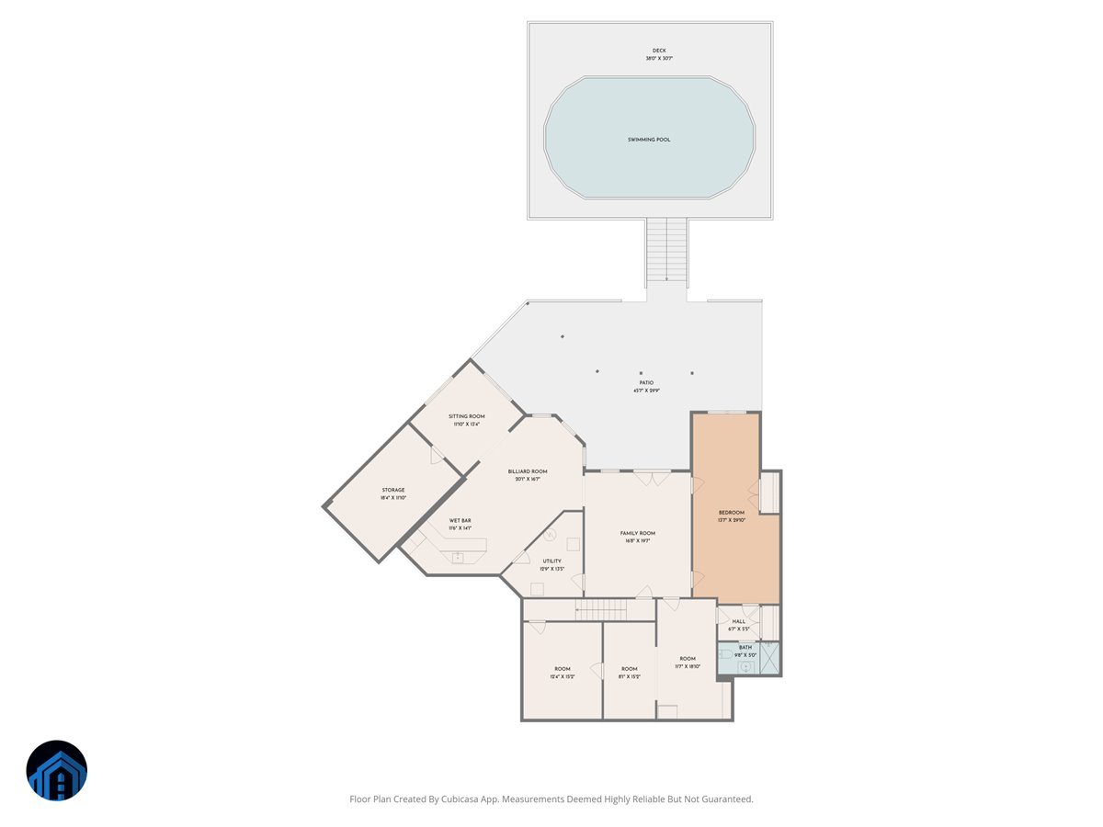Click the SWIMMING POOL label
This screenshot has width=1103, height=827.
[x=649, y=140]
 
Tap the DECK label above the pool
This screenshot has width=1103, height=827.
[x=658, y=51]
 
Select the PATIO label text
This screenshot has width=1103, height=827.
[x=647, y=382]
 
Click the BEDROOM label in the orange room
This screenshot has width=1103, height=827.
[x=732, y=512]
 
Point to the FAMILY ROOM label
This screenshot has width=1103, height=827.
[x=637, y=533]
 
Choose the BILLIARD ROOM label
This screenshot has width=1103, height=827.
[x=528, y=471]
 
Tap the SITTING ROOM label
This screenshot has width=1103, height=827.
[x=466, y=416]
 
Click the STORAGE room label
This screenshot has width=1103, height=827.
[x=393, y=490]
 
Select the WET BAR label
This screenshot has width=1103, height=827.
[x=460, y=520]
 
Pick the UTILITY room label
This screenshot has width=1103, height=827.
[x=551, y=561]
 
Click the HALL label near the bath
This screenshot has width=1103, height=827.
[x=739, y=621]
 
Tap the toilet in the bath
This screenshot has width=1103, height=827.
[x=725, y=654]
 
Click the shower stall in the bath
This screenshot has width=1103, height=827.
[x=770, y=658]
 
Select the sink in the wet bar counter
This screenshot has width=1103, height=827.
[x=457, y=556]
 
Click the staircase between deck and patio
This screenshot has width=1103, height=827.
[x=666, y=251]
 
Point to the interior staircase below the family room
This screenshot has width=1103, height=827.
[x=602, y=609]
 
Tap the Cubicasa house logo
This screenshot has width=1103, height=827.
[x=57, y=771]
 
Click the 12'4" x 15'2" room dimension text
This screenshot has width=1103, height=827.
[x=563, y=677]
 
